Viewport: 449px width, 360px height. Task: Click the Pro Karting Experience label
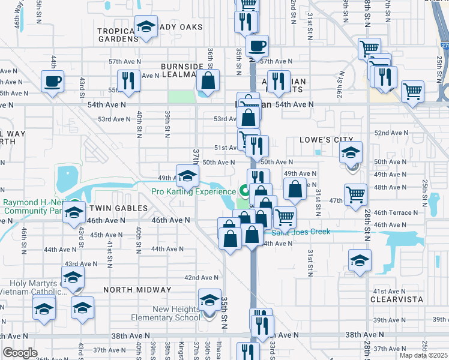coord(193,192)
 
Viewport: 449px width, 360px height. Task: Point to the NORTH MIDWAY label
coord(137,289)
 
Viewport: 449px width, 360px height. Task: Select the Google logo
coord(20,353)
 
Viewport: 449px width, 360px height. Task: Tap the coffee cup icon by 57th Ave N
coord(257,46)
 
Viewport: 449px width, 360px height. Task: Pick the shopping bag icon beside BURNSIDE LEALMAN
coord(208,80)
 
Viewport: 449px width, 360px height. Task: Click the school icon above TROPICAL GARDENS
coord(146,26)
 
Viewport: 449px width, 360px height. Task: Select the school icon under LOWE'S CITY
coord(351,152)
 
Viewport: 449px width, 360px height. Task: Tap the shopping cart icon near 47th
coord(356,194)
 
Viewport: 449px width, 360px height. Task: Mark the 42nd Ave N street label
coord(202,278)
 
